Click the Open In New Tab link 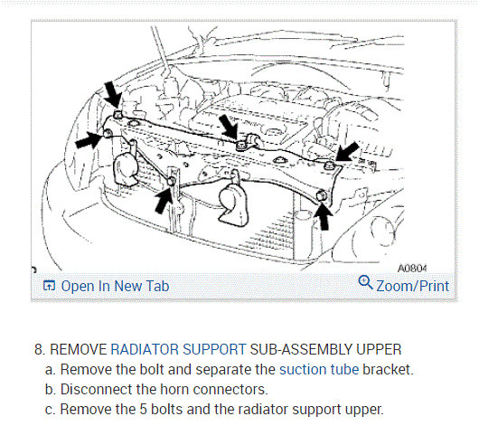click(115, 286)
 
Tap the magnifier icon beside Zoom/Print click(365, 282)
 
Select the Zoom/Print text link click(413, 286)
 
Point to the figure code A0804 click(412, 269)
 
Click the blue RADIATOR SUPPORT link click(178, 349)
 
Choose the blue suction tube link click(319, 369)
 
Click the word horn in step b click(174, 389)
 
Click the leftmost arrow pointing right click(89, 140)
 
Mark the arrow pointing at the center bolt click(229, 127)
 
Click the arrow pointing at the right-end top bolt click(347, 151)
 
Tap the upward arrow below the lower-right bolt click(324, 216)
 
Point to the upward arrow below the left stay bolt click(164, 200)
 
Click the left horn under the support click(125, 170)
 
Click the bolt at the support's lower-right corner click(321, 195)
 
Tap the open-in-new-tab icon click(49, 286)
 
